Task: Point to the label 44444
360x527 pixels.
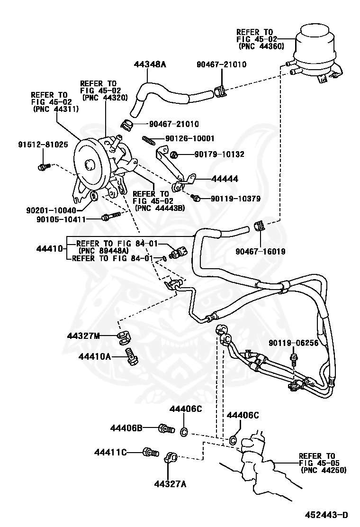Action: click(225, 179)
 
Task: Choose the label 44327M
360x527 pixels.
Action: click(83, 336)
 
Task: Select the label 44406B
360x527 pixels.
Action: click(126, 428)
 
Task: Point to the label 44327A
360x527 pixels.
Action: click(170, 483)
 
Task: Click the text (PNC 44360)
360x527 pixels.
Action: click(261, 46)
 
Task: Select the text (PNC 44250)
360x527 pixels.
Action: click(324, 470)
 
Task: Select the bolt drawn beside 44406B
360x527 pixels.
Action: click(165, 428)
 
